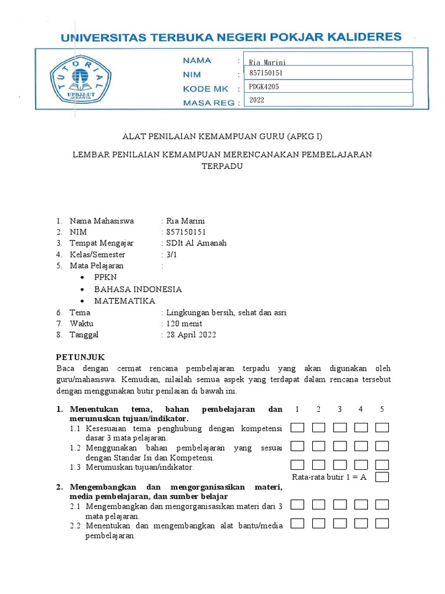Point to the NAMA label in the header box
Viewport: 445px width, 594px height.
[197, 60]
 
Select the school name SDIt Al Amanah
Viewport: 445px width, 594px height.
[197, 243]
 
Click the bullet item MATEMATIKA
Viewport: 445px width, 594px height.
[125, 301]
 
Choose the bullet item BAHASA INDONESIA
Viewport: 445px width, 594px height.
[138, 289]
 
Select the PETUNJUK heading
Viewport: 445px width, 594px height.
[80, 357]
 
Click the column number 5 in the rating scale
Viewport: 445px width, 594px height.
[382, 410]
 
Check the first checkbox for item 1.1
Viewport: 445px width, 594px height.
[297, 428]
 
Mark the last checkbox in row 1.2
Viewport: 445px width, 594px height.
[382, 446]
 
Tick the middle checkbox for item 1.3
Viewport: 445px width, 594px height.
[340, 465]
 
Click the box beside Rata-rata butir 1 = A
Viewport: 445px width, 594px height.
[382, 477]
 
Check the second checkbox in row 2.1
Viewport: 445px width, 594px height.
[319, 505]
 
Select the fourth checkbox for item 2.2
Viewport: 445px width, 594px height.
[361, 524]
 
